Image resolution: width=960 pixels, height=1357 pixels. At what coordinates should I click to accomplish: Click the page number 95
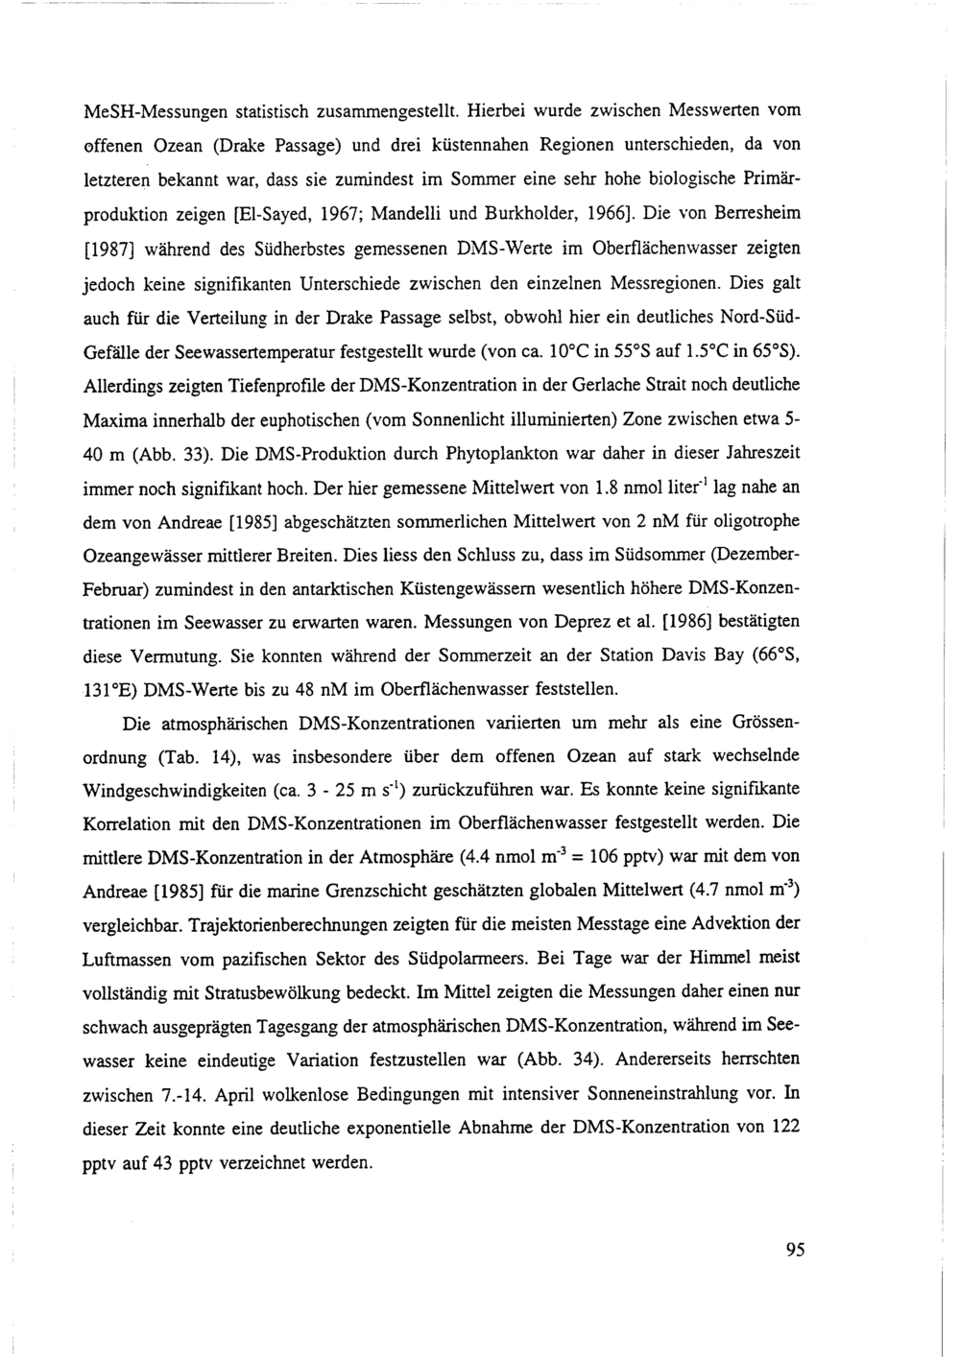coord(794,1249)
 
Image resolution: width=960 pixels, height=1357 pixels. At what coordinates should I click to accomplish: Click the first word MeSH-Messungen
coord(143,111)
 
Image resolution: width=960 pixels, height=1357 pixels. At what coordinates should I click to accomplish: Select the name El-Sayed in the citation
coord(332,212)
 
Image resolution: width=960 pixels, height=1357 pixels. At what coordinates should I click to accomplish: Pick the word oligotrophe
coord(756,520)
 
